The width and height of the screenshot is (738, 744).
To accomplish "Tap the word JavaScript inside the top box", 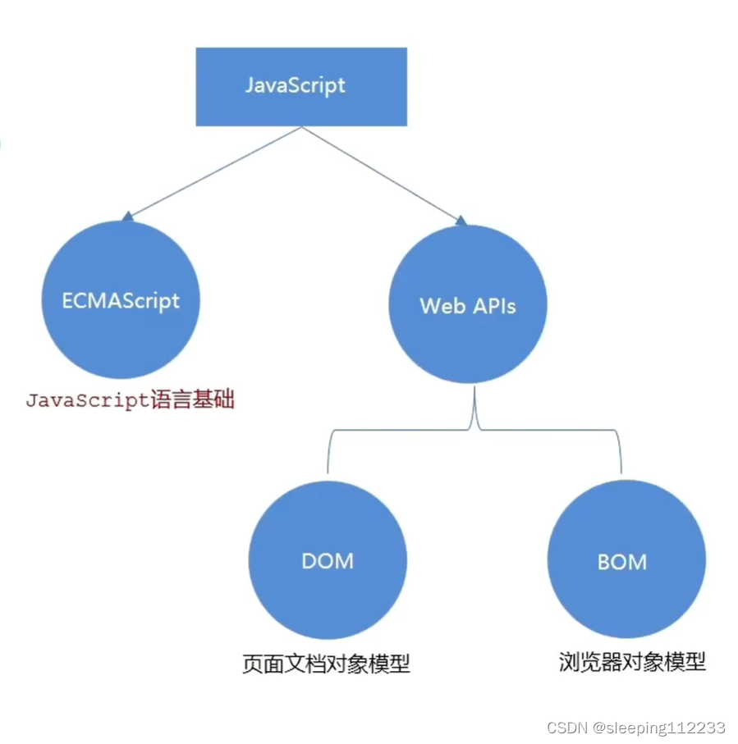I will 295,85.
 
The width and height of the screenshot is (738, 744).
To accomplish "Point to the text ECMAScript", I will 121,300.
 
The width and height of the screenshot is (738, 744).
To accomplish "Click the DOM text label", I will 328,561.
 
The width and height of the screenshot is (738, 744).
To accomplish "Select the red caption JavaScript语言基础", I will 130,401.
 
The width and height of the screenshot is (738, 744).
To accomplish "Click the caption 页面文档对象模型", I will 326,664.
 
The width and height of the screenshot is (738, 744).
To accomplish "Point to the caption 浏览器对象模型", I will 631,661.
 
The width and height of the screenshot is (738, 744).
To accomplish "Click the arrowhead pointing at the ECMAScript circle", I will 127,217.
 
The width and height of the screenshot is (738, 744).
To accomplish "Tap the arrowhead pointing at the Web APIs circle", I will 461,220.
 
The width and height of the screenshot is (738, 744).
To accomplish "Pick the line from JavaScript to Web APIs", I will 382,173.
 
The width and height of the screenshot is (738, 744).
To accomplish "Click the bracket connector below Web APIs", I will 476,427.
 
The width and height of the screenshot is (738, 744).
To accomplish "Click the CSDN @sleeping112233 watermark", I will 635,728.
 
